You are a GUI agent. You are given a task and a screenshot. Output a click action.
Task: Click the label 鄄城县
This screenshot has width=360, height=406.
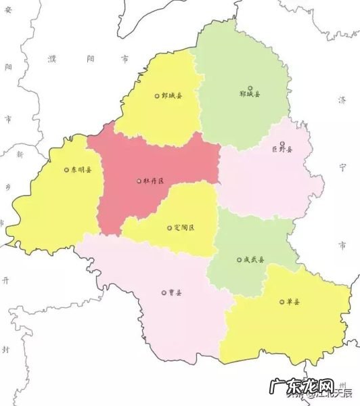[x=172, y=96]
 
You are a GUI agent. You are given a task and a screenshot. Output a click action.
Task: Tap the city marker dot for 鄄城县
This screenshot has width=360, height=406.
[x=157, y=96]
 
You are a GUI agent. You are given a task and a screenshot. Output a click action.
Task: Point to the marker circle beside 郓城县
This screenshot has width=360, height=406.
[x=250, y=87]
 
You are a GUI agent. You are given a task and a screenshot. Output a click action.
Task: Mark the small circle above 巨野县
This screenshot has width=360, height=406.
[x=282, y=143]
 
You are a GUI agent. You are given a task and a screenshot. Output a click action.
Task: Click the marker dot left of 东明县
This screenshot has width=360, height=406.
[x=66, y=170]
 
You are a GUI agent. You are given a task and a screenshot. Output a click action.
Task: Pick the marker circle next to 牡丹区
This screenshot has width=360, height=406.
[x=139, y=181]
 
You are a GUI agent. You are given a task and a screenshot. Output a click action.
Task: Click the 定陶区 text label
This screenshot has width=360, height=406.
[x=183, y=228]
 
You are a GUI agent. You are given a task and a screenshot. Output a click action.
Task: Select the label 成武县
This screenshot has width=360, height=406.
[x=254, y=259]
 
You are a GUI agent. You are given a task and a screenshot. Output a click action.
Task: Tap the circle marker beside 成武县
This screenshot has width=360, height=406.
[x=239, y=259]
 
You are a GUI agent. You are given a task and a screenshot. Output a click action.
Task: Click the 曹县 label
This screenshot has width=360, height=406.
[x=175, y=293]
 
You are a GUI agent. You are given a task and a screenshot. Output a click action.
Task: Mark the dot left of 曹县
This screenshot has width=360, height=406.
[x=163, y=293]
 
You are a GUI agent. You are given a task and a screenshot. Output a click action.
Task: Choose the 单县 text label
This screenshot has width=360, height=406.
[x=292, y=302]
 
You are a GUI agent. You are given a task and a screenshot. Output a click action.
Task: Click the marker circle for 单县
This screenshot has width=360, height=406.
[x=280, y=302]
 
